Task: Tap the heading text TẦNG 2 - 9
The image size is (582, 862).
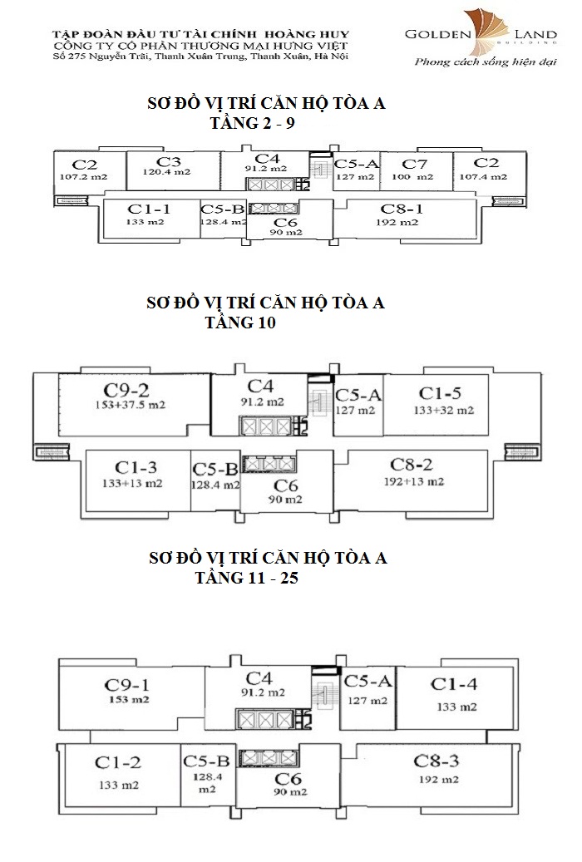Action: pyautogui.click(x=249, y=123)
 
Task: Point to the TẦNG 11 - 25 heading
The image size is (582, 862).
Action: pyautogui.click(x=245, y=578)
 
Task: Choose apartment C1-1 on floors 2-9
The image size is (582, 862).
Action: pyautogui.click(x=150, y=209)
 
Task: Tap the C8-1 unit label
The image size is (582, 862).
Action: pyautogui.click(x=402, y=209)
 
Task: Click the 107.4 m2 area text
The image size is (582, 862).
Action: pyautogui.click(x=486, y=176)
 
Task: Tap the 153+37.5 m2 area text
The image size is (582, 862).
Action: pyautogui.click(x=128, y=406)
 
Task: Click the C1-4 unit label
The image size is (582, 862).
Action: pyautogui.click(x=453, y=684)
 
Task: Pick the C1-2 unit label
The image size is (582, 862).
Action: pyautogui.click(x=116, y=761)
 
